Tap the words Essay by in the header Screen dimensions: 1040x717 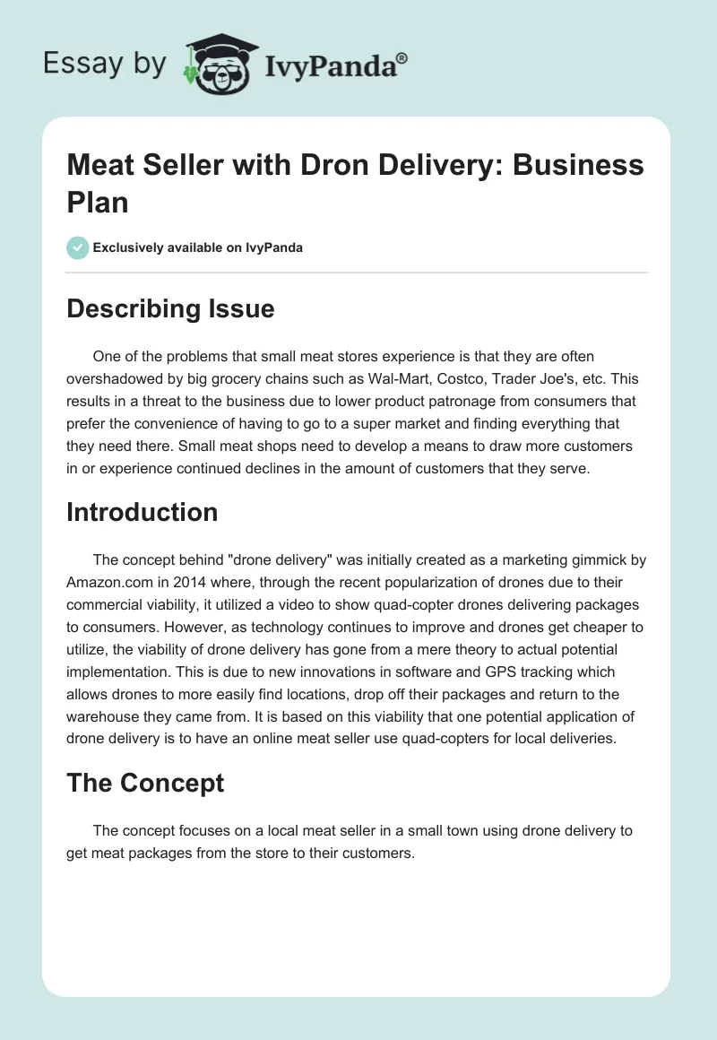point(104,63)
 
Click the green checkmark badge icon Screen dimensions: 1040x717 point(78,247)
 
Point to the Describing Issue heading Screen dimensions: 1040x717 point(170,309)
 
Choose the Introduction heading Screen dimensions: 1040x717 point(142,512)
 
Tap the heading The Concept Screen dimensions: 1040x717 point(145,783)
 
